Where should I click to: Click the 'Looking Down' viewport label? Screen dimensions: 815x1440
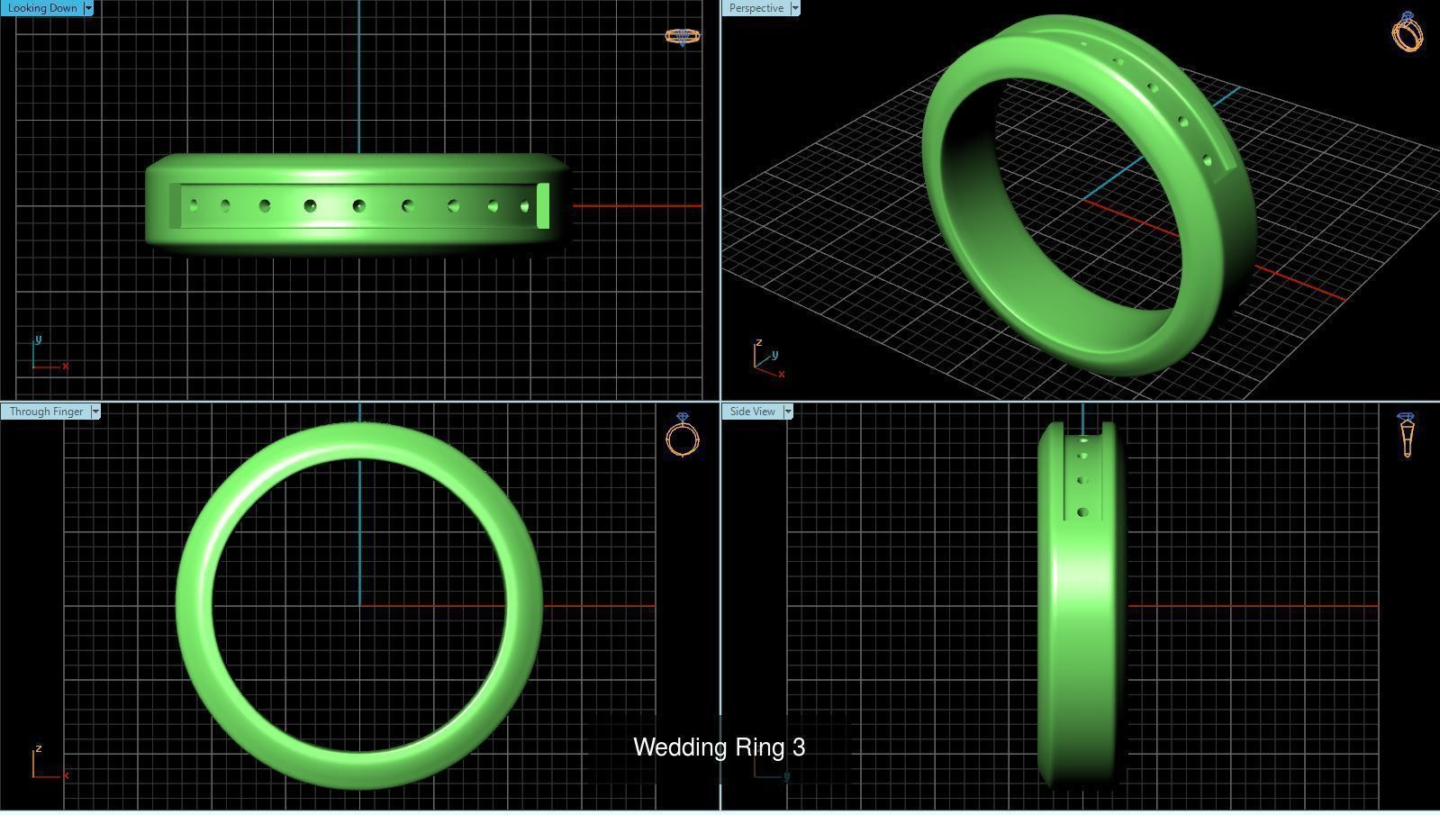pyautogui.click(x=41, y=8)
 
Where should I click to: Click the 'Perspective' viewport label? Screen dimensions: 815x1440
pyautogui.click(x=756, y=8)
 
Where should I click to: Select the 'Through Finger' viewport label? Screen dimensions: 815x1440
pyautogui.click(x=46, y=412)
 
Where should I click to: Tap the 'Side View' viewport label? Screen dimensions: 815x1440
pyautogui.click(x=752, y=412)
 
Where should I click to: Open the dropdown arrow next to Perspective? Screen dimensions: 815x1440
pyautogui.click(x=794, y=8)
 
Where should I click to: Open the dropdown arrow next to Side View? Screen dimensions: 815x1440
pyautogui.click(x=788, y=412)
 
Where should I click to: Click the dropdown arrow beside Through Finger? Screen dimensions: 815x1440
pyautogui.click(x=95, y=412)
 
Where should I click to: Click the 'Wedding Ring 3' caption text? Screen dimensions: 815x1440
pyautogui.click(x=719, y=747)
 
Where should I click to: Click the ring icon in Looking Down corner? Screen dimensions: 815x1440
pyautogui.click(x=682, y=36)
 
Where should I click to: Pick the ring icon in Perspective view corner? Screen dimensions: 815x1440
pyautogui.click(x=1408, y=32)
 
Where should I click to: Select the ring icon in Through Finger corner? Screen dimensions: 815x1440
pyautogui.click(x=683, y=436)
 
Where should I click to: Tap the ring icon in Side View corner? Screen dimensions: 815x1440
pyautogui.click(x=1407, y=435)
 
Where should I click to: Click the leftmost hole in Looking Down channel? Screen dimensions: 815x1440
pyautogui.click(x=194, y=206)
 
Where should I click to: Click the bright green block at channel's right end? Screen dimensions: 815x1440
pyautogui.click(x=543, y=206)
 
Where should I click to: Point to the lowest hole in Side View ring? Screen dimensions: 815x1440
pyautogui.click(x=1082, y=512)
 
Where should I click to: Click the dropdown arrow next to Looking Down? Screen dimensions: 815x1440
pyautogui.click(x=88, y=8)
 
